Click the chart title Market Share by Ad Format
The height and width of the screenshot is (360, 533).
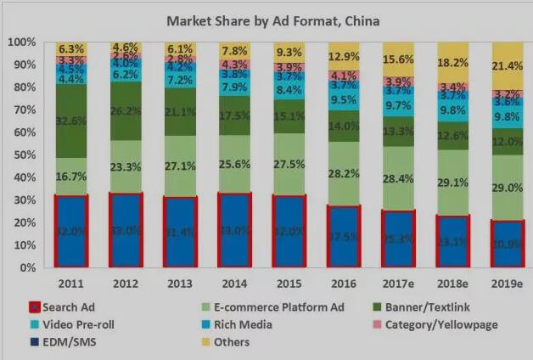coord(272,20)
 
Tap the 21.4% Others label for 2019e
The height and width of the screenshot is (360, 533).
coord(507,65)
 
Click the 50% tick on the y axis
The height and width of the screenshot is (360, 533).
coord(22,155)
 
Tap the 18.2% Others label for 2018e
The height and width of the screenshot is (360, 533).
coord(452,62)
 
